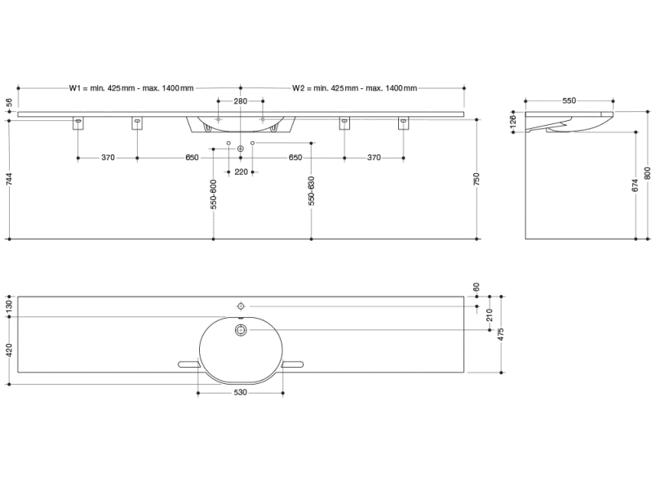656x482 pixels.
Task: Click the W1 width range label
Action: tap(131, 88)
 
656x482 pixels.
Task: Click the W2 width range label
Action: tap(354, 88)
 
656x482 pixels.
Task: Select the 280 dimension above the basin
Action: tap(241, 101)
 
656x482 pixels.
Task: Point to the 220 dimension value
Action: tap(241, 172)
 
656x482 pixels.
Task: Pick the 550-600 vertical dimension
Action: tap(213, 194)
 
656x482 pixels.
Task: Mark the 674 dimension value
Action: tap(635, 186)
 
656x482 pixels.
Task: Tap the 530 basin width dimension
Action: tap(241, 393)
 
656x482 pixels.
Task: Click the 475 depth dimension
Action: tap(501, 333)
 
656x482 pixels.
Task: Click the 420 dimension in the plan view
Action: tap(9, 350)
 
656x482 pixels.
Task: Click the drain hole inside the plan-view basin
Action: tap(241, 330)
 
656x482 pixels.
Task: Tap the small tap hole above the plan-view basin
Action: tap(241, 305)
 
